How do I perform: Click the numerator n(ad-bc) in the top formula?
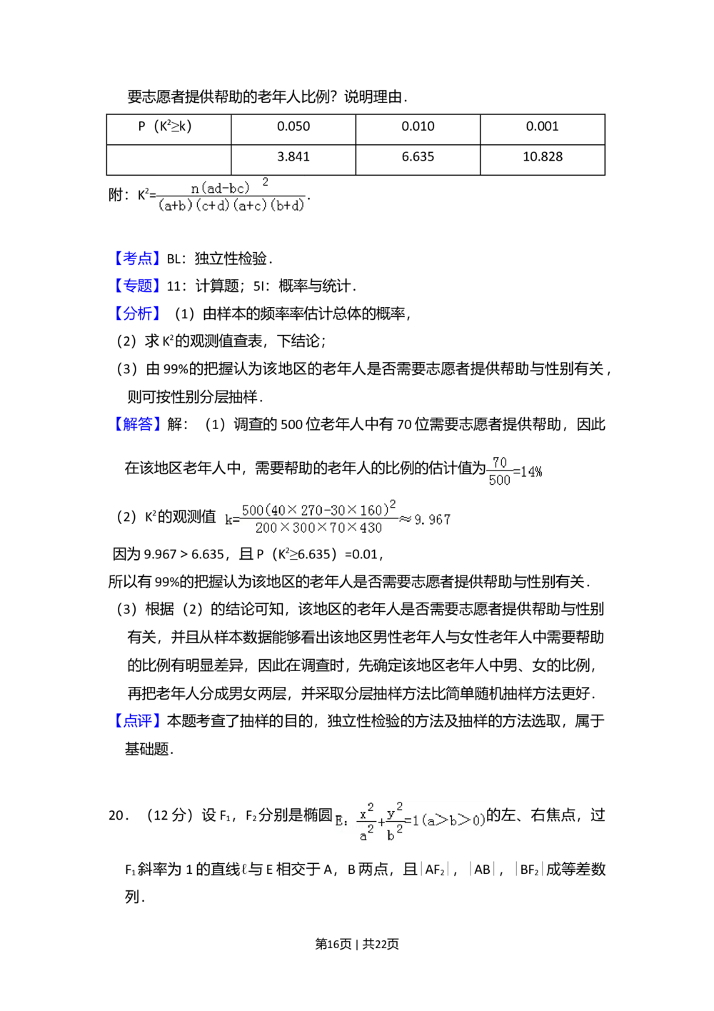221,188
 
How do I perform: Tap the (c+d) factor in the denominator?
213,206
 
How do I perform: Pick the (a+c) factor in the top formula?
251,206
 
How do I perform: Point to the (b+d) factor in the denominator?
288,206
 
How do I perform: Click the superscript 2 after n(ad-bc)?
266,182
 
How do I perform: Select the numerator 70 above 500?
500,463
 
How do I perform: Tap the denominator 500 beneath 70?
500,481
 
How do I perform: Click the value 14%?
531,472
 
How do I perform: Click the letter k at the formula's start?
228,520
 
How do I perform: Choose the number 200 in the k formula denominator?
266,528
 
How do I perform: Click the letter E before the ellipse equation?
338,821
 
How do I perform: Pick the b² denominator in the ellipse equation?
393,834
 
